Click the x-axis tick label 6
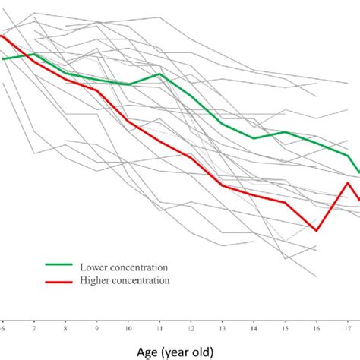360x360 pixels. coord(3,329)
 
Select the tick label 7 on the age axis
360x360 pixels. coord(35,329)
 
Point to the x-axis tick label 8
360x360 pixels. coord(66,329)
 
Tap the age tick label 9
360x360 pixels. coord(97,329)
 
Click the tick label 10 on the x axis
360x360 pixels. coord(128,329)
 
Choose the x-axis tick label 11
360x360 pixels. coord(159,329)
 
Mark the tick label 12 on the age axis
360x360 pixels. coord(191,329)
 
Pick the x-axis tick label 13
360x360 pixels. coord(223,329)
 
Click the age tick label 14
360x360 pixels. coord(254,329)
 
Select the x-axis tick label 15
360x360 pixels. coord(285,329)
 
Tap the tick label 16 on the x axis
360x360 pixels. coord(316,329)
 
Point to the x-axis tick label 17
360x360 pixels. coord(347,329)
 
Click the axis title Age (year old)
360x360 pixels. coord(179,351)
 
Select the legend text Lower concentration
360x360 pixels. coord(123,267)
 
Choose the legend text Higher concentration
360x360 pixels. coord(125,280)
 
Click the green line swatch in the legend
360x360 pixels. coord(58,267)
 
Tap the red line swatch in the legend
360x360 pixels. coord(58,280)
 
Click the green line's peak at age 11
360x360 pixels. coord(159,74)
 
